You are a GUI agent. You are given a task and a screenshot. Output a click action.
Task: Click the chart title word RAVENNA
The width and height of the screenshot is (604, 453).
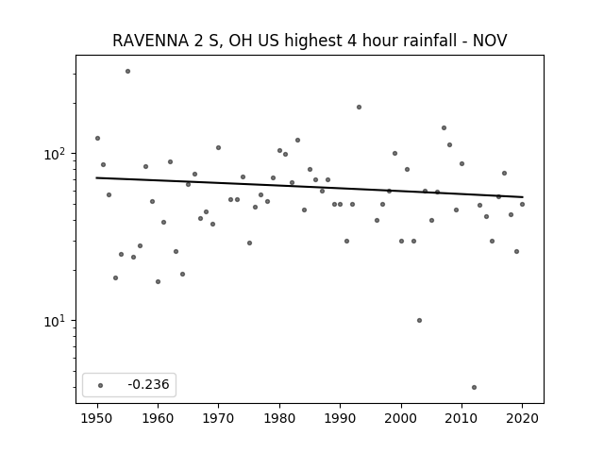coord(151,41)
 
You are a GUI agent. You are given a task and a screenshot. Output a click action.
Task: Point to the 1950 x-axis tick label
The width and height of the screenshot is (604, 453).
coord(97,418)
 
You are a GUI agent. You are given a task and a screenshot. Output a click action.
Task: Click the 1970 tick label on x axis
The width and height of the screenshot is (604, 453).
coord(218,418)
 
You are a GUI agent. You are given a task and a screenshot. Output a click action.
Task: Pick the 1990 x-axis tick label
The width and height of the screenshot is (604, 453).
coord(340,418)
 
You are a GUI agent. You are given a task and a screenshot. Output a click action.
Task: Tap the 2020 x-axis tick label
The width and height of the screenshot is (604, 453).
coord(522,418)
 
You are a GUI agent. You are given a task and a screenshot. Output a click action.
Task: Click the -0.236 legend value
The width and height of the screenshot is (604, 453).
coord(148,384)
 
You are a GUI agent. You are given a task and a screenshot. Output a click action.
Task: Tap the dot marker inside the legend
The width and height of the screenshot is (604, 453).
coord(101,385)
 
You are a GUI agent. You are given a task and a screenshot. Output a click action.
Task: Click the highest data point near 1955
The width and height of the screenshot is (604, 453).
coord(128,72)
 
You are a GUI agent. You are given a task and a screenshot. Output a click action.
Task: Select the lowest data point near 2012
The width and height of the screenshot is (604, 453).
coord(474,388)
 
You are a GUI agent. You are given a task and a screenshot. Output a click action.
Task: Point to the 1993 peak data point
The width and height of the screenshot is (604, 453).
coord(359,107)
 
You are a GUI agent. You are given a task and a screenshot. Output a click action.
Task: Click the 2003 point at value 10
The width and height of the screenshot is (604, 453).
coord(419,321)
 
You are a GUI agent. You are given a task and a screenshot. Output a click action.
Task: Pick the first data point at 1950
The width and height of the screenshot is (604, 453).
coord(97,139)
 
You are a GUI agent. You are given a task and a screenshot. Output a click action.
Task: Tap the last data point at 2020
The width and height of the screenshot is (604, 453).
coord(522,204)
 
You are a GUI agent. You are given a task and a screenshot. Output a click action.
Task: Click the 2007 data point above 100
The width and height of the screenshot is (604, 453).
coord(444,128)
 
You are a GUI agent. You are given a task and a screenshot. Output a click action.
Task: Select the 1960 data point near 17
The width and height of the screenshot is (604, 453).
coord(158,281)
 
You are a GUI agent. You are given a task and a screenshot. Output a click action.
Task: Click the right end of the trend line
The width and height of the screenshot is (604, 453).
coord(522,197)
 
